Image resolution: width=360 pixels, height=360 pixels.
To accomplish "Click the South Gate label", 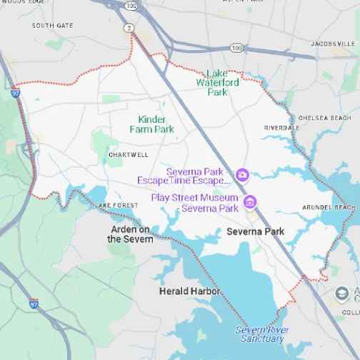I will pos(52,25).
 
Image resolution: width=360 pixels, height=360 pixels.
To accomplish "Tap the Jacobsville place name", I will pos(333,44).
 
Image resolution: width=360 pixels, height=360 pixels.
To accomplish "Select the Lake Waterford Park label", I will pos(217,83).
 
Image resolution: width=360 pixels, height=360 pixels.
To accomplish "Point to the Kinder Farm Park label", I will pos(151,124).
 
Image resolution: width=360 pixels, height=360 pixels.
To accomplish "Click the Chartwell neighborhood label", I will pos(129,154).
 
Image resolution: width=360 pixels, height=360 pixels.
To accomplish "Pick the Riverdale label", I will pos(281,127).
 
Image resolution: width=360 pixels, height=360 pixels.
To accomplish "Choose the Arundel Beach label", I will pos(329,208).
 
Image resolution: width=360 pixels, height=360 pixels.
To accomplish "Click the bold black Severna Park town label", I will pos(255,231).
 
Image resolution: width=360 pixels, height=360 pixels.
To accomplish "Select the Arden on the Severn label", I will pos(131,234).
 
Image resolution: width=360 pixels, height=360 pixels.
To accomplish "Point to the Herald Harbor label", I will pos(189,291).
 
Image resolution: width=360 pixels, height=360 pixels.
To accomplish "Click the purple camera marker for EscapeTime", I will pos(242,174).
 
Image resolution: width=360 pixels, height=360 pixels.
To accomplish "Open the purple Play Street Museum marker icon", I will pos(250,202).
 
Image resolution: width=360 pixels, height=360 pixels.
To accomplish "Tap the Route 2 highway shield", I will pos(127,28).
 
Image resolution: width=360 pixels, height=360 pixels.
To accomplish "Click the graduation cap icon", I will pos(343,293).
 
